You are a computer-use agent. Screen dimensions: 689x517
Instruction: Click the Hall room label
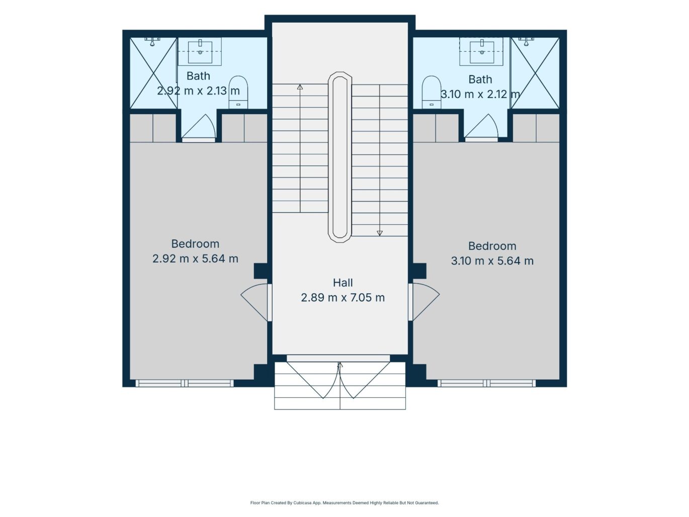click(342, 283)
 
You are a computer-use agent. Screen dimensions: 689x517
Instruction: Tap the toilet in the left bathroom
click(238, 93)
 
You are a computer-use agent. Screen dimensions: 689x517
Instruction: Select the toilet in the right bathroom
click(432, 93)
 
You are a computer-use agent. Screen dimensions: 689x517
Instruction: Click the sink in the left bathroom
click(200, 52)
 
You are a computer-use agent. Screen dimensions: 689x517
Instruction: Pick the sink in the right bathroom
click(481, 52)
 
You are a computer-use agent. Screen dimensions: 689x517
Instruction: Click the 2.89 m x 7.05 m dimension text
click(342, 297)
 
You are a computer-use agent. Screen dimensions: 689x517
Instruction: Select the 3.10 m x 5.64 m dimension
click(492, 261)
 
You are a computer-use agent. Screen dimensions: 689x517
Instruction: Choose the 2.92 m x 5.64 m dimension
click(195, 258)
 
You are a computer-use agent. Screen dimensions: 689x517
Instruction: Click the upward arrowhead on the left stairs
click(300, 87)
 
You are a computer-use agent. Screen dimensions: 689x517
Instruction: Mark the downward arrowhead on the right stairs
click(380, 233)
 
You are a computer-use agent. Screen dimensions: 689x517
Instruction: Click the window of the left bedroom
click(185, 383)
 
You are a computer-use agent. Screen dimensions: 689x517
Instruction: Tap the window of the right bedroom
click(486, 383)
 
